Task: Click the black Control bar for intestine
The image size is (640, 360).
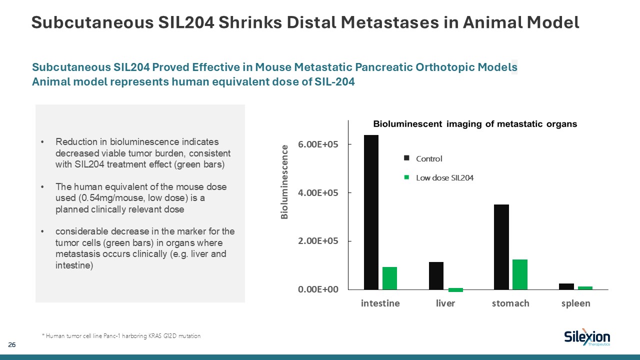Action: click(371, 212)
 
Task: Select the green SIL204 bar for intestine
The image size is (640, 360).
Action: click(389, 278)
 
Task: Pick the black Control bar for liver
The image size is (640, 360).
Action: click(436, 275)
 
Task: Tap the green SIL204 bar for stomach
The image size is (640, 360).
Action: click(520, 274)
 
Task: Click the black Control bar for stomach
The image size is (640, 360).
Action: click(501, 247)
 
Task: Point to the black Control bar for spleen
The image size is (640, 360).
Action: click(566, 286)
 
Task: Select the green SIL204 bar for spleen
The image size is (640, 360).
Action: click(585, 287)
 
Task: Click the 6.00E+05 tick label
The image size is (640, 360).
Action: click(319, 144)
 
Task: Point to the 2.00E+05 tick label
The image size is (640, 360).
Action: click(319, 241)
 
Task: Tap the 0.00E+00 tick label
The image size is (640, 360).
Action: click(319, 289)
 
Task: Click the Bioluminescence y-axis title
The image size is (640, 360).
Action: click(284, 182)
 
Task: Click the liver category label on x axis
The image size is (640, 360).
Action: click(445, 303)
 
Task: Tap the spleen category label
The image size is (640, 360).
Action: click(575, 303)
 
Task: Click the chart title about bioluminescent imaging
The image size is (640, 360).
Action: click(475, 124)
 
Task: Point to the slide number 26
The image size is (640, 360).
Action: click(11, 345)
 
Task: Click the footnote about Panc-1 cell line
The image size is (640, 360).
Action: click(121, 336)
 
